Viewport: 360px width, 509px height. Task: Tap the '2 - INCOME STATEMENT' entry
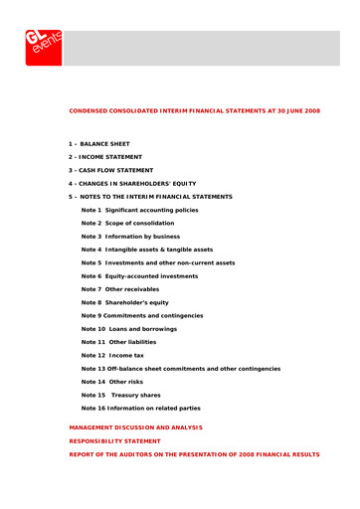point(105,157)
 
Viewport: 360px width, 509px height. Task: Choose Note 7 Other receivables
point(122,289)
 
